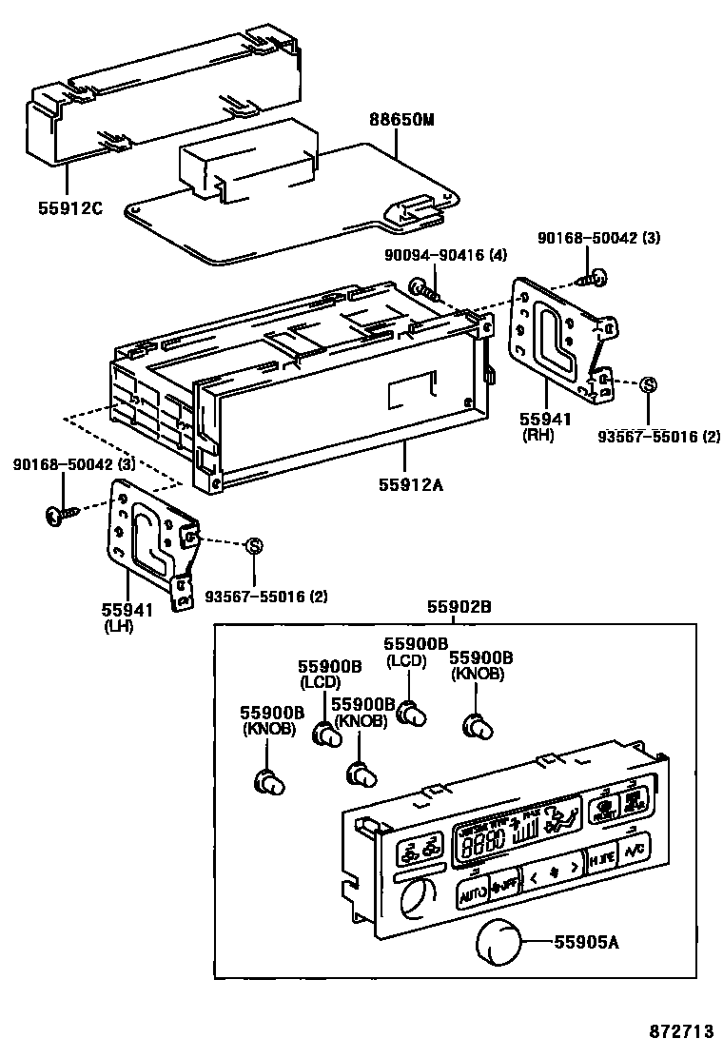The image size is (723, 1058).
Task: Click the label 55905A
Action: tap(587, 942)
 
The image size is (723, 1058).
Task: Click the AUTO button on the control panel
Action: tap(473, 893)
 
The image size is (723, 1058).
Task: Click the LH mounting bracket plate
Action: tap(143, 542)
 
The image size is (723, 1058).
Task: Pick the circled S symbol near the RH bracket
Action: tap(647, 385)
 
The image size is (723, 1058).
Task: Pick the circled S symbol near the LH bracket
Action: tap(253, 545)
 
